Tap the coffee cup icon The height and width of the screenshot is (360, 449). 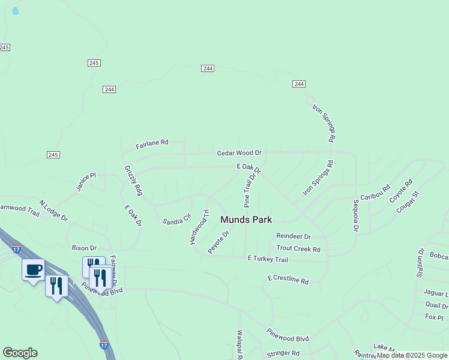tap(34, 269)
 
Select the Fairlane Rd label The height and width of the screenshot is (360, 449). tap(152, 143)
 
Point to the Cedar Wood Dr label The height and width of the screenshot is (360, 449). tap(240, 154)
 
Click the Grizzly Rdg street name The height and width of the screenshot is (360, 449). tap(133, 181)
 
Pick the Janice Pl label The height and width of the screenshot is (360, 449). tap(86, 182)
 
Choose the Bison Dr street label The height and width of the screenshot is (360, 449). tap(84, 248)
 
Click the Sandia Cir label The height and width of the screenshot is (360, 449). tap(176, 219)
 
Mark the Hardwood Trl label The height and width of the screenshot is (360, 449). tap(199, 227)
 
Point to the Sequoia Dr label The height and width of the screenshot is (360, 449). tap(355, 215)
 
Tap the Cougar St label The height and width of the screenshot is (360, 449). tap(407, 202)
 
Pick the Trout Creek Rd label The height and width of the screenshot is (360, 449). tap(298, 248)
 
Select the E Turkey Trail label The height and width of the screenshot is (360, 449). tap(268, 259)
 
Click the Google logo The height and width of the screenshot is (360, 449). tap(20, 353)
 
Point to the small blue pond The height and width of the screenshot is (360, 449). tap(15, 11)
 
